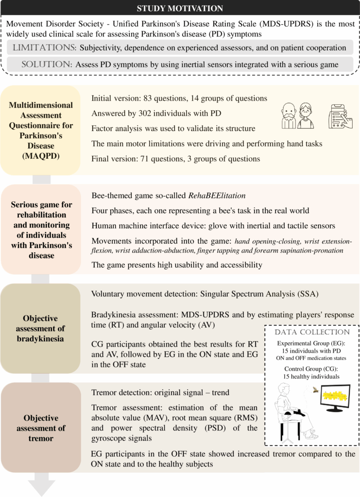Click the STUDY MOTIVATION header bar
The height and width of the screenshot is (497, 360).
coord(180,8)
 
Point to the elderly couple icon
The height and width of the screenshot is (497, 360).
coord(298,115)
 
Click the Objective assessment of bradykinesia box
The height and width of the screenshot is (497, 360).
coord(40,328)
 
